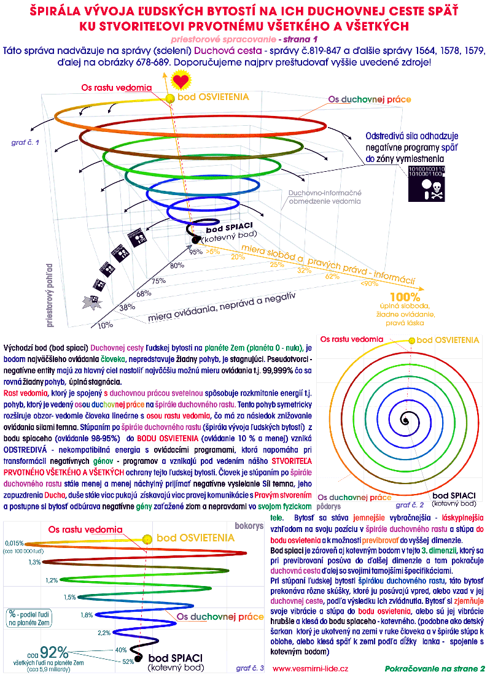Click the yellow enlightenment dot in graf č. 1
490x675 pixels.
[171, 99]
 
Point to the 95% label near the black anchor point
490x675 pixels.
[195, 252]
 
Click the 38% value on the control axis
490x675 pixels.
[127, 307]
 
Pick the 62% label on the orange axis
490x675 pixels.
[332, 276]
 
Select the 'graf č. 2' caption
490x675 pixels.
[410, 505]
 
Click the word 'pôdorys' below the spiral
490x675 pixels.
[329, 507]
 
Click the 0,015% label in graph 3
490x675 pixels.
[15, 543]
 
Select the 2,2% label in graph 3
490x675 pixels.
[104, 633]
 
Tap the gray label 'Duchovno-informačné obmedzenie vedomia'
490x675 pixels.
[325, 196]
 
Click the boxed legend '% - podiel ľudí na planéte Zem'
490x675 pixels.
[31, 617]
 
